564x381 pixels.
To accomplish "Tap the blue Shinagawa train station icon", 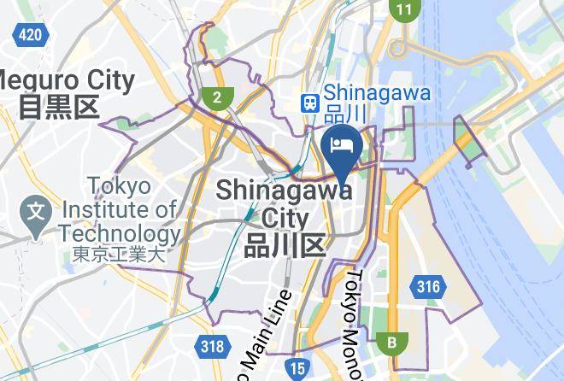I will (x=308, y=102).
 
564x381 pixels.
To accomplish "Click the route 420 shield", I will (x=29, y=34).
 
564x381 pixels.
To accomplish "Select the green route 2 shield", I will (x=218, y=97).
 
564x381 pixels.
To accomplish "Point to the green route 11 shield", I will (x=403, y=10).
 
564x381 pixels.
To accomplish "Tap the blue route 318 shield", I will (x=213, y=346).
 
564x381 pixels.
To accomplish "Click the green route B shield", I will (x=392, y=343).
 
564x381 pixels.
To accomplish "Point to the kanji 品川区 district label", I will (x=285, y=246).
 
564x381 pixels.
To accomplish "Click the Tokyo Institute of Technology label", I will (x=120, y=210).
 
